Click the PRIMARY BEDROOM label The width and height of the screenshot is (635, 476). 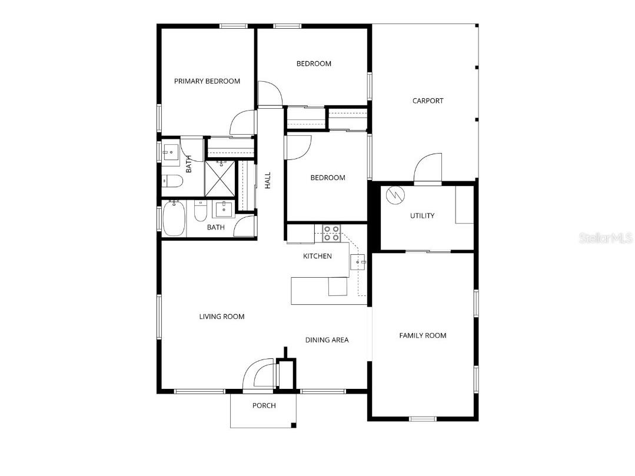pos(207,81)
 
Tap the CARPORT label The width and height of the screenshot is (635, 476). pos(428,101)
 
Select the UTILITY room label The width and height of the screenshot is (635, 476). pos(422,215)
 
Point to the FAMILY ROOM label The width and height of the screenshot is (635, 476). pos(423,335)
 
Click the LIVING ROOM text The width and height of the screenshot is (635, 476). pos(221,317)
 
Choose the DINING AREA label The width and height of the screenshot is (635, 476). pos(327,339)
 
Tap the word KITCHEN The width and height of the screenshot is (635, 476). pos(317,256)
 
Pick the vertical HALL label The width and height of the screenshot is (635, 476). pos(268,180)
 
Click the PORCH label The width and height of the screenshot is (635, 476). pos(264,405)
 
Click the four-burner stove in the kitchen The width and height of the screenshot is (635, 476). pos(331,234)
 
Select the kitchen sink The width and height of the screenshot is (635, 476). pos(358,262)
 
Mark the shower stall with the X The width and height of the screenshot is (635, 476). pos(220,179)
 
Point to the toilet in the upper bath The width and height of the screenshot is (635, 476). pos(172,180)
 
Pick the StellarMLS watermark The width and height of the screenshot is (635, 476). pos(606,238)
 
